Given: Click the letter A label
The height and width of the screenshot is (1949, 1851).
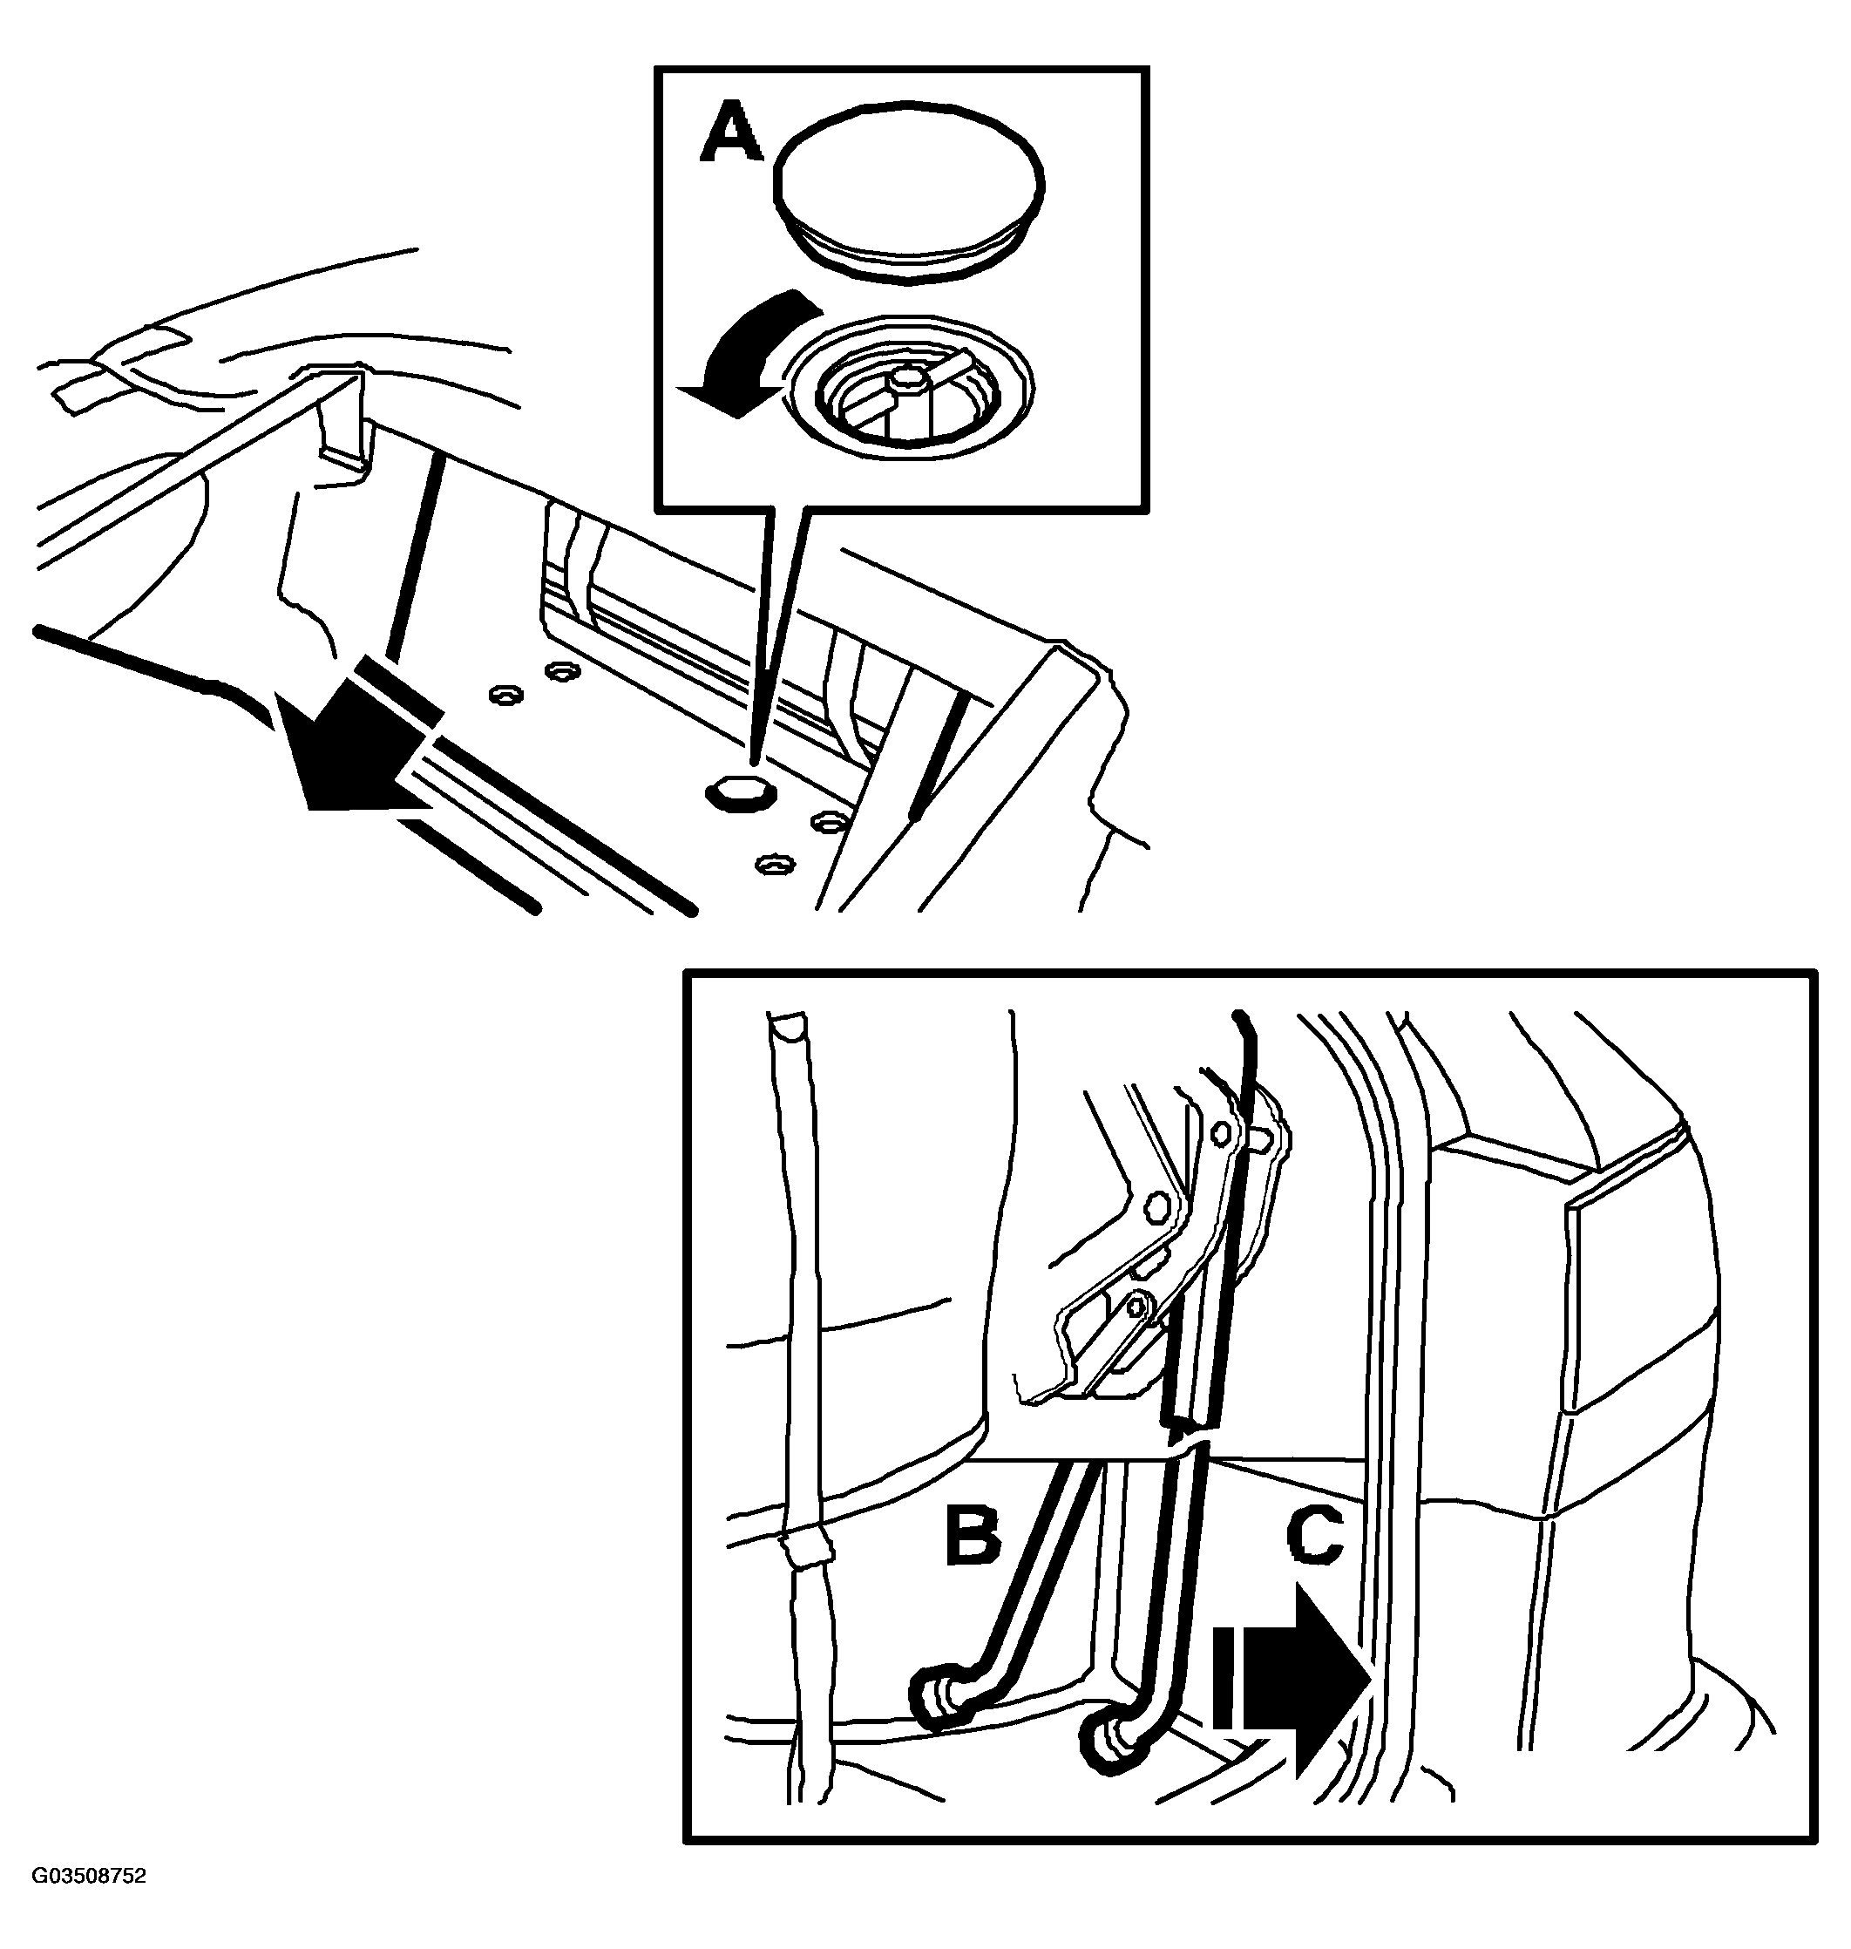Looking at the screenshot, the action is click(x=730, y=134).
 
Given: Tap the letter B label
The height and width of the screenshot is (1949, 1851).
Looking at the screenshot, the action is click(x=973, y=1533).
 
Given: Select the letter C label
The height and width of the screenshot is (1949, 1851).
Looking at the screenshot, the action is click(x=1314, y=1533).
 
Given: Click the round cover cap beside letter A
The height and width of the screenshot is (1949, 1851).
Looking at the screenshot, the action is click(x=908, y=184).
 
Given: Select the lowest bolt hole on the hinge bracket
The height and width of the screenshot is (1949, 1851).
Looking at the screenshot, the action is click(x=1136, y=1307).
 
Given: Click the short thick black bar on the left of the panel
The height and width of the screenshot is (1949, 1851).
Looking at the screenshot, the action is click(x=415, y=560).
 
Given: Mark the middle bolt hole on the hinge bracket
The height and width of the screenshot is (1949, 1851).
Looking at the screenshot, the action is click(x=1158, y=1205).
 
